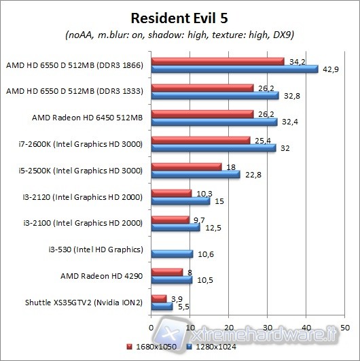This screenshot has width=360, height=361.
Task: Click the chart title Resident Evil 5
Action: (179, 15)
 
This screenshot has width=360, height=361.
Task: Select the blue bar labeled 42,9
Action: (235, 69)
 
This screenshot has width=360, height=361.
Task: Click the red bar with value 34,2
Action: (218, 62)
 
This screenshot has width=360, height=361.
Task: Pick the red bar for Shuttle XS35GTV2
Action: (160, 298)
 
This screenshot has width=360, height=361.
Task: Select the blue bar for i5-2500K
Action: (196, 175)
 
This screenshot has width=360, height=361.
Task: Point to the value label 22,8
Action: (251, 174)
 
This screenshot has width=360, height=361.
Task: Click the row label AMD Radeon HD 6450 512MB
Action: (87, 118)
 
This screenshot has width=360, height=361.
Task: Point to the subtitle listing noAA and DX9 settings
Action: (179, 35)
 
